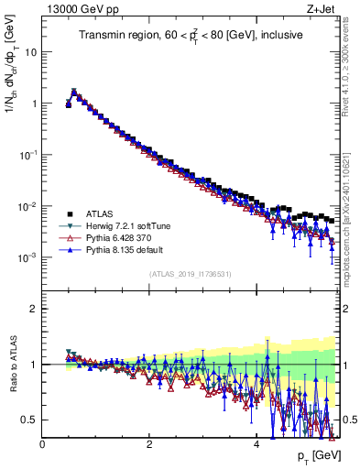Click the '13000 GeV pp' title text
(x=81, y=10)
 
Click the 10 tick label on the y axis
(x=31, y=52)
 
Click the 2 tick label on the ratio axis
(x=33, y=309)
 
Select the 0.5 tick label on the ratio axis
(x=28, y=420)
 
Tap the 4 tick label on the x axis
(x=256, y=442)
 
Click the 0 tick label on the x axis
(x=42, y=442)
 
